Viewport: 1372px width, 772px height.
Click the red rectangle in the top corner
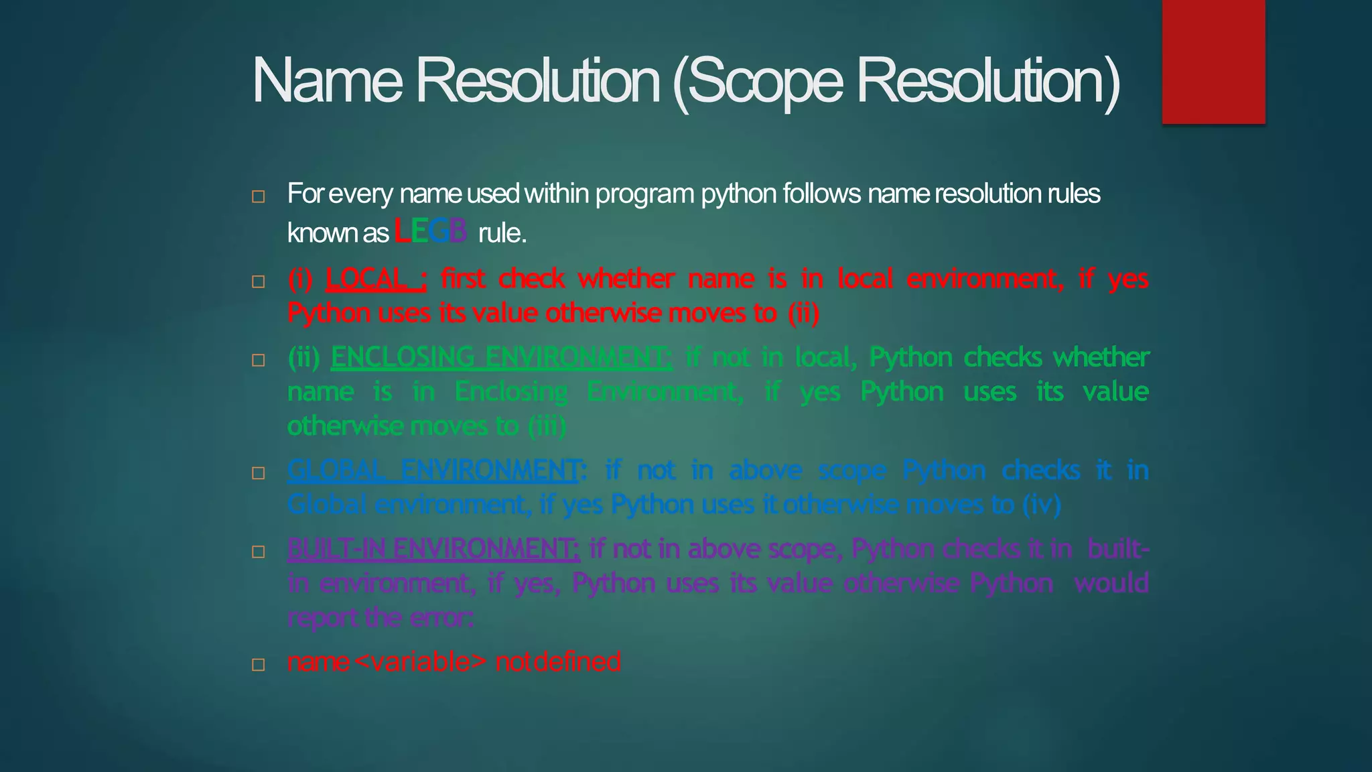(1213, 62)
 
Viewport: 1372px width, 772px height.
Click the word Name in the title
(327, 80)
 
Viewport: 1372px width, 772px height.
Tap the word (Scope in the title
(757, 82)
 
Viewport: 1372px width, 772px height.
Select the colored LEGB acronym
(430, 232)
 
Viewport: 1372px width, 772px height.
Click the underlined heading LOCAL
(375, 279)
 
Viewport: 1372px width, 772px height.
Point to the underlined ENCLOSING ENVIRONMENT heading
(501, 357)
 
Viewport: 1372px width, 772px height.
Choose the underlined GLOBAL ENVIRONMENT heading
(433, 470)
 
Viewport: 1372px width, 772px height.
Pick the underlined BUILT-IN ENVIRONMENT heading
(433, 549)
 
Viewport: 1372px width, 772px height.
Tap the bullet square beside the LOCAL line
(259, 281)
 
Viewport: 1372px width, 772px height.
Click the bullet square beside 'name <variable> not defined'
(259, 665)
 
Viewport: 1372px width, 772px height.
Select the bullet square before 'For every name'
(259, 197)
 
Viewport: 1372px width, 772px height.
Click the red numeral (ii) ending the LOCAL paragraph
(803, 313)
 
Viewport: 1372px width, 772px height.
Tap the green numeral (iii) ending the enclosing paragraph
(547, 426)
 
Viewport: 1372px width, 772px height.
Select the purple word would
(1111, 583)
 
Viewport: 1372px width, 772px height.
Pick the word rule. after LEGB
(502, 233)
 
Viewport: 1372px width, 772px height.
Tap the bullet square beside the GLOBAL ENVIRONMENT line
(259, 473)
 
